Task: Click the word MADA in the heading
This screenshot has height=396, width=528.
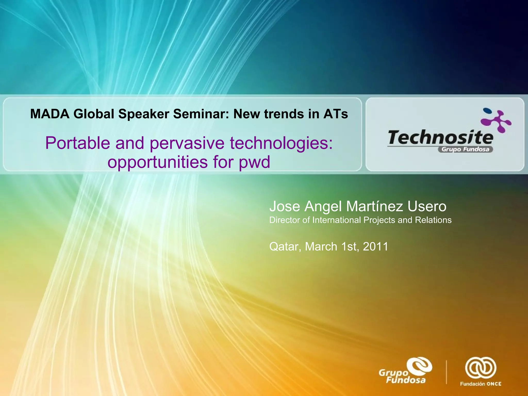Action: pyautogui.click(x=49, y=114)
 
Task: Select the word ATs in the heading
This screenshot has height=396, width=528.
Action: pyautogui.click(x=336, y=114)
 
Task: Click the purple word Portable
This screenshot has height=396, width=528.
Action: pyautogui.click(x=78, y=143)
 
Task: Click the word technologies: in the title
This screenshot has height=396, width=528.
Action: pyautogui.click(x=281, y=143)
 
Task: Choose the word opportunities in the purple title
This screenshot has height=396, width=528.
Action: pyautogui.click(x=158, y=162)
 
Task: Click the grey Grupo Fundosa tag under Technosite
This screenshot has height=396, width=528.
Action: pyautogui.click(x=465, y=150)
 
